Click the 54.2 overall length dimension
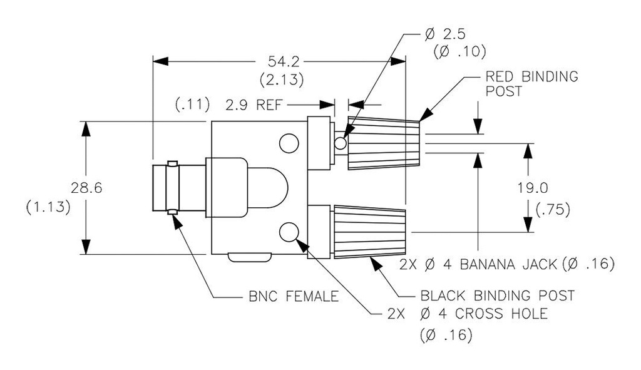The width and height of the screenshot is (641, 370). tap(282, 61)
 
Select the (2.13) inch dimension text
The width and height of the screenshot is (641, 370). tap(282, 80)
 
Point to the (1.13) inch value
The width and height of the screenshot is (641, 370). tap(48, 207)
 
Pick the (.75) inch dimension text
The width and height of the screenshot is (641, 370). tap(553, 210)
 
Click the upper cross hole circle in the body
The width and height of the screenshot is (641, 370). tap(289, 143)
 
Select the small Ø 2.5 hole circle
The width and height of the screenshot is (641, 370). tap(341, 143)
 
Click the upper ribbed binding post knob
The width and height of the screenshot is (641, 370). tap(383, 143)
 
